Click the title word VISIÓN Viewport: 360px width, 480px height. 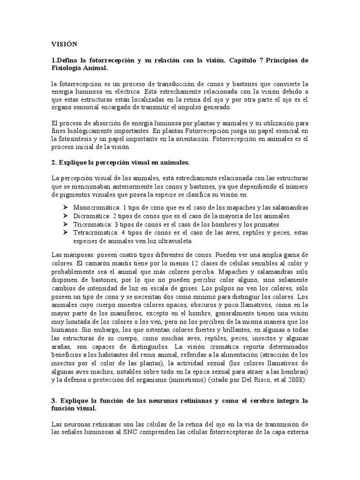pyautogui.click(x=64, y=44)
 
